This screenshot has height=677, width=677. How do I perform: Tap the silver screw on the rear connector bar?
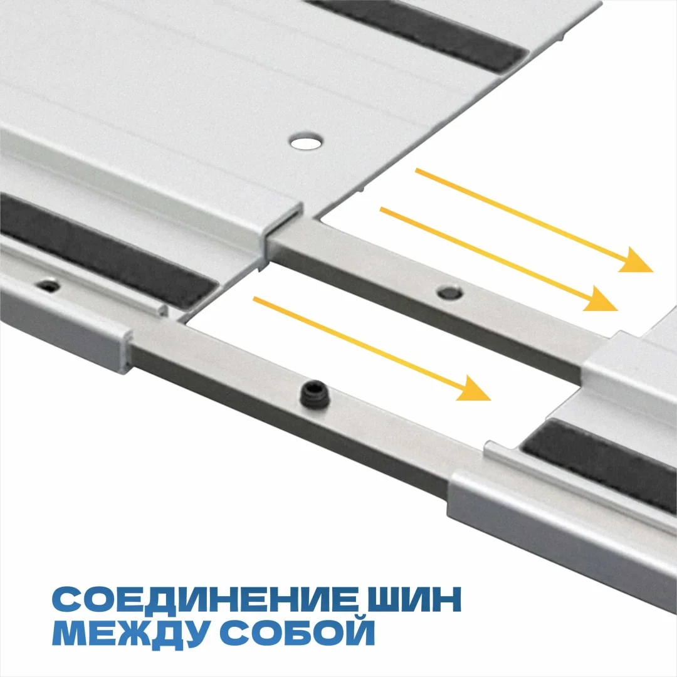[x=450, y=293]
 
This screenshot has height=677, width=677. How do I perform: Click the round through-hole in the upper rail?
[x=306, y=142]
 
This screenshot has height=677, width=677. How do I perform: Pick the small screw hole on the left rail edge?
[x=48, y=285]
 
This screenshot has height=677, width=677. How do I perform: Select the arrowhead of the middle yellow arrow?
[x=601, y=299]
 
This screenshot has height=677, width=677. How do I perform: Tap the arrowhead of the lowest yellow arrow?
[x=473, y=389]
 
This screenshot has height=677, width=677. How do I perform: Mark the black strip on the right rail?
[x=600, y=463]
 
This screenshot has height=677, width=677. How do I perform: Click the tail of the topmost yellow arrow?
[x=417, y=171]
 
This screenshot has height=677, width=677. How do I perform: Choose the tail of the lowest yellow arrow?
[x=255, y=299]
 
